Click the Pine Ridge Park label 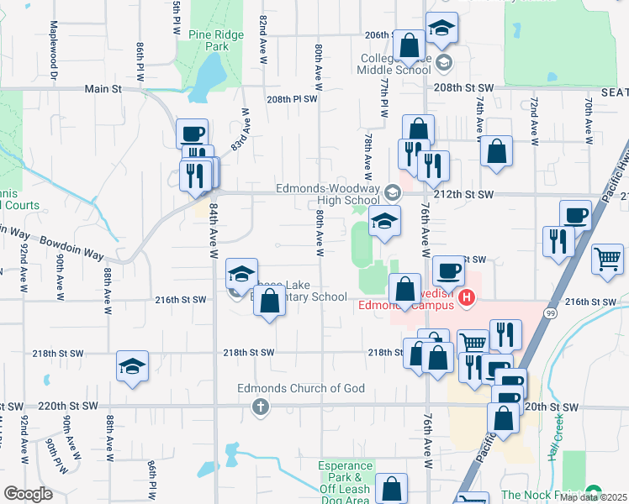pyautogui.click(x=209, y=40)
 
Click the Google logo pyautogui.click(x=28, y=494)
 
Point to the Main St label pyautogui.click(x=103, y=87)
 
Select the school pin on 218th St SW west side pyautogui.click(x=132, y=365)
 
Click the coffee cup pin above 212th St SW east pyautogui.click(x=575, y=215)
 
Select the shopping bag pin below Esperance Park pyautogui.click(x=391, y=487)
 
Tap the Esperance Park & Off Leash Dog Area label pyautogui.click(x=346, y=482)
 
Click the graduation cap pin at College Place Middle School pyautogui.click(x=442, y=28)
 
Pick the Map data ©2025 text pyautogui.click(x=594, y=497)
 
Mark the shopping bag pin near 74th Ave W pyautogui.click(x=498, y=152)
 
